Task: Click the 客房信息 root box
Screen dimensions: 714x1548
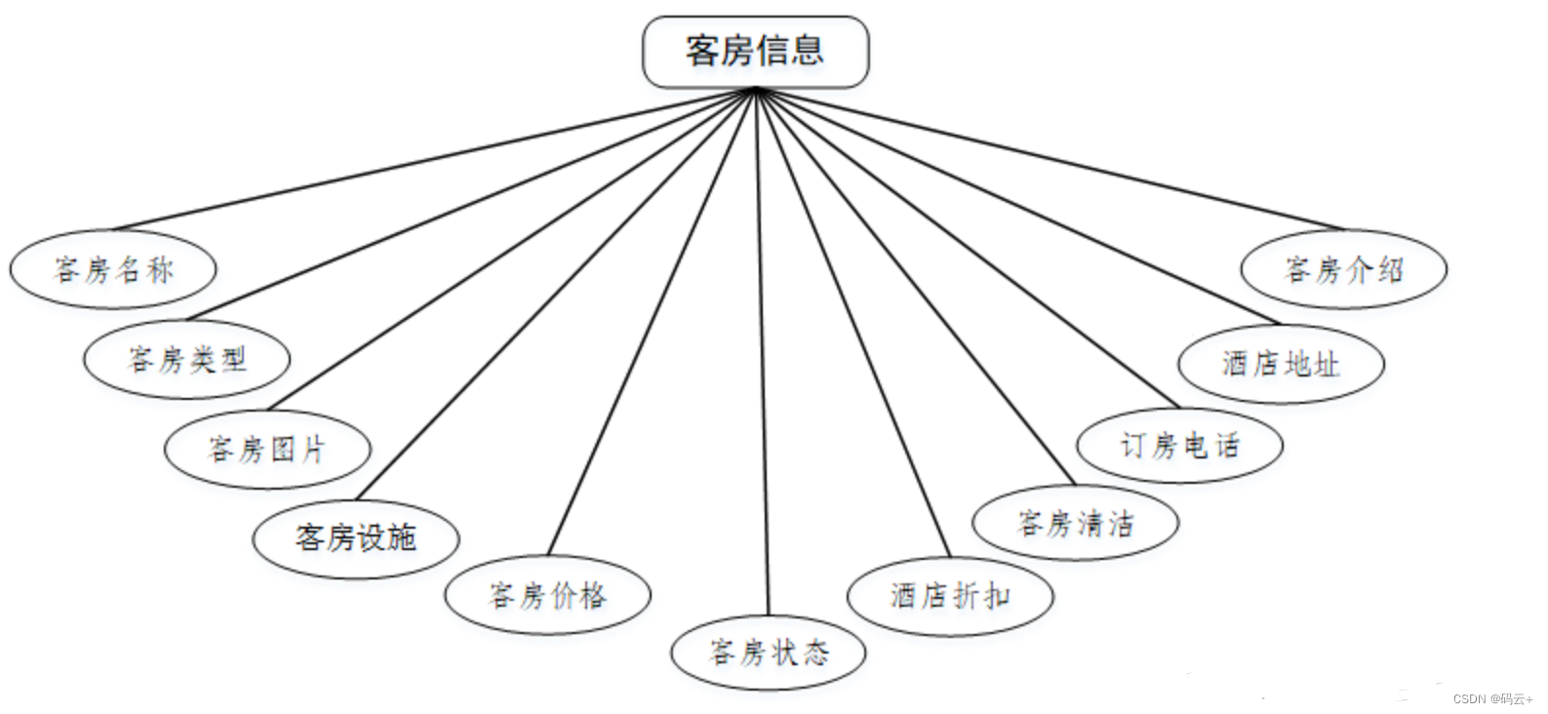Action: tap(755, 51)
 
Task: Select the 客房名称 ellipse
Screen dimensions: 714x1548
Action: tap(113, 269)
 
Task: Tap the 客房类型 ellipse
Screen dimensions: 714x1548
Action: tap(187, 360)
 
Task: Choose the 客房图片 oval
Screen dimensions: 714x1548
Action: tap(267, 450)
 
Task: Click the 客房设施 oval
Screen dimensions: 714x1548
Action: tap(356, 537)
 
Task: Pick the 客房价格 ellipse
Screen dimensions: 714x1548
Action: tap(547, 594)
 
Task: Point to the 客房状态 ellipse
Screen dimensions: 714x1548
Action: tap(769, 652)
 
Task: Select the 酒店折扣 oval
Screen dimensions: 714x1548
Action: tap(950, 595)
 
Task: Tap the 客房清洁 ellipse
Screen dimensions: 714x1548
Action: tap(1075, 523)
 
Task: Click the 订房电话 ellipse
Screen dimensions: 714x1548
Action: tap(1179, 446)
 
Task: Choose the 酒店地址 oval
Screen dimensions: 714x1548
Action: tap(1281, 364)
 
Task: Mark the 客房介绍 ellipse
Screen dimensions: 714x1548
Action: tap(1343, 269)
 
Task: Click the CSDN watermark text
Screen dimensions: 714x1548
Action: tap(1492, 698)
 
